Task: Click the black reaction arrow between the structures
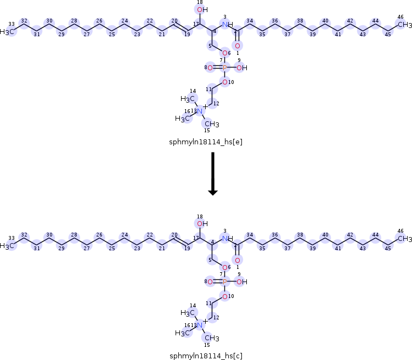click(x=213, y=175)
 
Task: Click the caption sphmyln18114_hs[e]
click(x=206, y=142)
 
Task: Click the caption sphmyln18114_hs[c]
click(x=206, y=355)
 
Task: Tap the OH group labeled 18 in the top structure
click(x=202, y=10)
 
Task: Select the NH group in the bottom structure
click(x=228, y=239)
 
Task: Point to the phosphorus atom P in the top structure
click(x=224, y=68)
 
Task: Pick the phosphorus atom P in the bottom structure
click(x=224, y=282)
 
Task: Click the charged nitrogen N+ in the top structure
click(x=201, y=111)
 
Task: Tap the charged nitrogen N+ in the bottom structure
click(x=201, y=325)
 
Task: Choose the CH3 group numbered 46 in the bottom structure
click(x=404, y=239)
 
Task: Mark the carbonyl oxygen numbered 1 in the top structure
click(x=238, y=46)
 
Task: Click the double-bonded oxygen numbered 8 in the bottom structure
click(x=210, y=282)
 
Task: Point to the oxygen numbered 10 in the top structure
click(x=224, y=82)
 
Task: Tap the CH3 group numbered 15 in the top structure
click(x=212, y=124)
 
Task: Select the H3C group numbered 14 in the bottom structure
click(x=189, y=313)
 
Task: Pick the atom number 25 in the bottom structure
click(x=111, y=246)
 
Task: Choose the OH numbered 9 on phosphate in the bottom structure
click(x=242, y=282)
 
